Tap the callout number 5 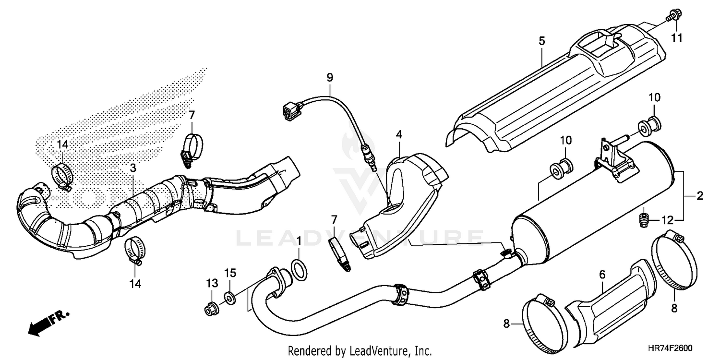[x=541, y=41]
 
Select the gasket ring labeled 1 [x=299, y=269]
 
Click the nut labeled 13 [x=210, y=310]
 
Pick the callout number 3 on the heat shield [x=133, y=168]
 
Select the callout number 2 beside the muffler [x=699, y=195]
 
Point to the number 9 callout [x=329, y=77]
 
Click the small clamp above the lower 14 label [x=134, y=251]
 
